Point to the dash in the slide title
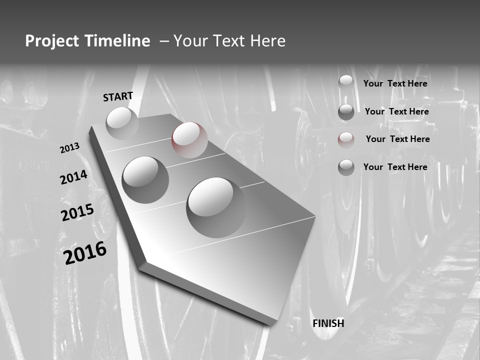coord(163,41)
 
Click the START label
coord(118,96)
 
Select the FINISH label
coord(328,323)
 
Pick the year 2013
coord(69,148)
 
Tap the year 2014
coord(73,177)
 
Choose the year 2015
coord(77,213)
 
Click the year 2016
coord(85,253)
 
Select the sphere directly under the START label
coord(122,123)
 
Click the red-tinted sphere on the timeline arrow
coord(189,140)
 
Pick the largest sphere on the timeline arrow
coord(216,207)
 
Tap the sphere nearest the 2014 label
coord(145,179)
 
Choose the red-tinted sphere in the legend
coord(346,140)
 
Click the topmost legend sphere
coord(346,83)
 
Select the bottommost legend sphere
coord(346,167)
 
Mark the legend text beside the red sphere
coord(397,139)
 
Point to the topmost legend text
coord(395,83)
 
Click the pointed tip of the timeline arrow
coord(271,324)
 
